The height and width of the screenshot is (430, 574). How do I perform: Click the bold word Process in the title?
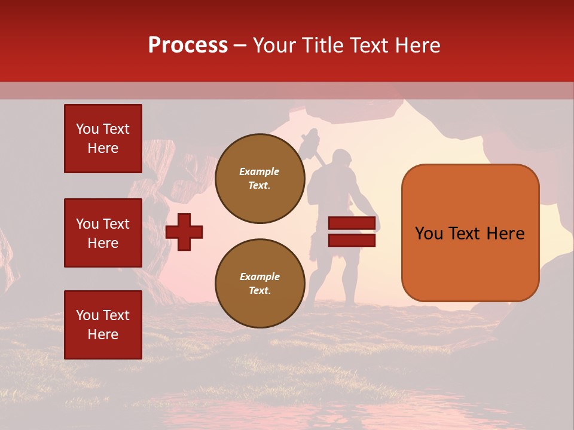188,45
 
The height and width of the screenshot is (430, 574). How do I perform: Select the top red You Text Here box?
103,139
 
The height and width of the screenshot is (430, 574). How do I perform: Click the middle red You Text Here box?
103,233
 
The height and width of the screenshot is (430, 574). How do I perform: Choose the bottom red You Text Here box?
103,325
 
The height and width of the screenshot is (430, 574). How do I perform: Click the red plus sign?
184,232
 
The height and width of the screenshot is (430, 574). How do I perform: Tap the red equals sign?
352,232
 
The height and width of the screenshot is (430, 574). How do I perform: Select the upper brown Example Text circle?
259,179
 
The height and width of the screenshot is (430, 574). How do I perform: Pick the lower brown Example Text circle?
259,284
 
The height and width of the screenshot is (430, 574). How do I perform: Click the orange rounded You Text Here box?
470,233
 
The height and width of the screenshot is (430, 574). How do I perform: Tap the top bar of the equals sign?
352,223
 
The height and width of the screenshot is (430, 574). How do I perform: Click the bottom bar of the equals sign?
352,240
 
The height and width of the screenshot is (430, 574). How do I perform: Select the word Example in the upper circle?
259,171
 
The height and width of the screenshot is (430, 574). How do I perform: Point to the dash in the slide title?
240,46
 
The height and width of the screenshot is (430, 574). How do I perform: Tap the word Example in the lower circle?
259,277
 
